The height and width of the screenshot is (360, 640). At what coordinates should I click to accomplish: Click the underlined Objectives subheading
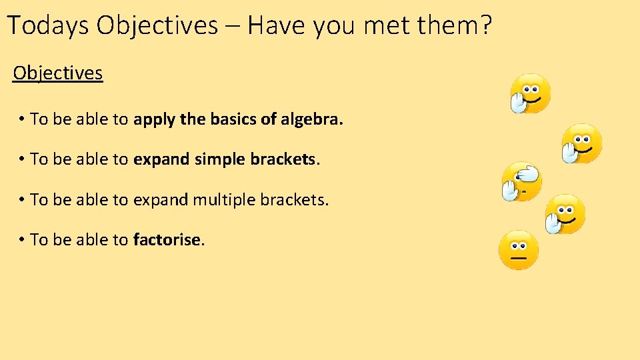pos(58,73)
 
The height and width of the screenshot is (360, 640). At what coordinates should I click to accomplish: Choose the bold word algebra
pos(312,119)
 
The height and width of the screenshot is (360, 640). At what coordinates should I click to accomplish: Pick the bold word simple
pos(220,160)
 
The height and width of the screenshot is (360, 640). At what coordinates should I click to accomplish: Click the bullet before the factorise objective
pos(22,239)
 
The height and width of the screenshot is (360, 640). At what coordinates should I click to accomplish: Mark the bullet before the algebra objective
pos(22,119)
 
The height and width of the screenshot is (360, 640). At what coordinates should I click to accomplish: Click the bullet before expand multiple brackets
pos(22,199)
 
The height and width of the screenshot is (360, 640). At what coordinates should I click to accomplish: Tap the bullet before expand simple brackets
pos(22,159)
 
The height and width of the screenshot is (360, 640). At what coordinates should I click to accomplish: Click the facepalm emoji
pos(521,181)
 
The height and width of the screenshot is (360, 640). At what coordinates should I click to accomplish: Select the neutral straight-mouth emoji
pos(518,250)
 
